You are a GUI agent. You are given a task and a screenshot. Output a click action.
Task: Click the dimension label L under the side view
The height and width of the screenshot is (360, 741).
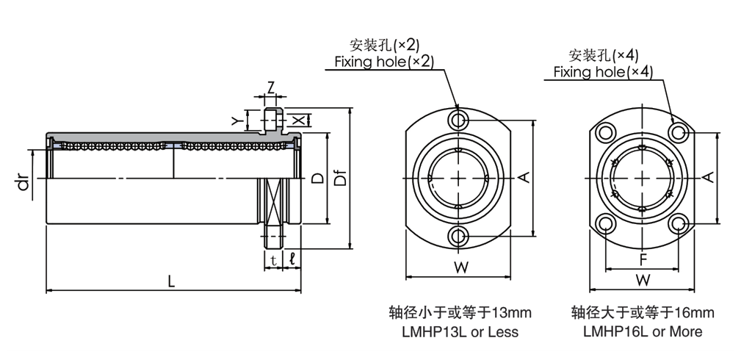172,281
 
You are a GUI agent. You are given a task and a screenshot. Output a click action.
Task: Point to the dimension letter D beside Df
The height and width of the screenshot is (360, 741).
317,178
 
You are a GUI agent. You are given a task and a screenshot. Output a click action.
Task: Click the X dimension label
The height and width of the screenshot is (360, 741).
297,120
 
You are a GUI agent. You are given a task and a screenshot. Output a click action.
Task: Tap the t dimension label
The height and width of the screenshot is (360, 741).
273,259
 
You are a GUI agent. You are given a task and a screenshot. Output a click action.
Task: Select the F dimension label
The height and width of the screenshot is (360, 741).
643,259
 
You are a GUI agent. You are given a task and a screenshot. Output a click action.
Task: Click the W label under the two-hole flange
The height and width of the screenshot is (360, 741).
460,268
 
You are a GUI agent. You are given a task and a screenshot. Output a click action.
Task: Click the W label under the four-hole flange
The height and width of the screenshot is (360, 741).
643,280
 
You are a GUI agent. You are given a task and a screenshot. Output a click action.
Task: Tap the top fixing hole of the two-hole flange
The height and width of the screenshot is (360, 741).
460,120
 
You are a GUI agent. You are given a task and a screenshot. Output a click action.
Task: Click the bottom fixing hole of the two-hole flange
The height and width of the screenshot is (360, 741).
460,236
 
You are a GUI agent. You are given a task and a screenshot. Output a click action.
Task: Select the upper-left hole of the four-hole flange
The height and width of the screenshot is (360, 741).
606,132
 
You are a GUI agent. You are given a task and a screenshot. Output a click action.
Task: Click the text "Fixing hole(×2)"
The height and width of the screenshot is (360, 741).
384,61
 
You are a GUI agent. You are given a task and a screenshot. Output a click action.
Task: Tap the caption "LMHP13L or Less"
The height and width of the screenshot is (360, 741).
460,331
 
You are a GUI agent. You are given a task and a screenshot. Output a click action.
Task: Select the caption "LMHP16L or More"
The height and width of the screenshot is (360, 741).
643,331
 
